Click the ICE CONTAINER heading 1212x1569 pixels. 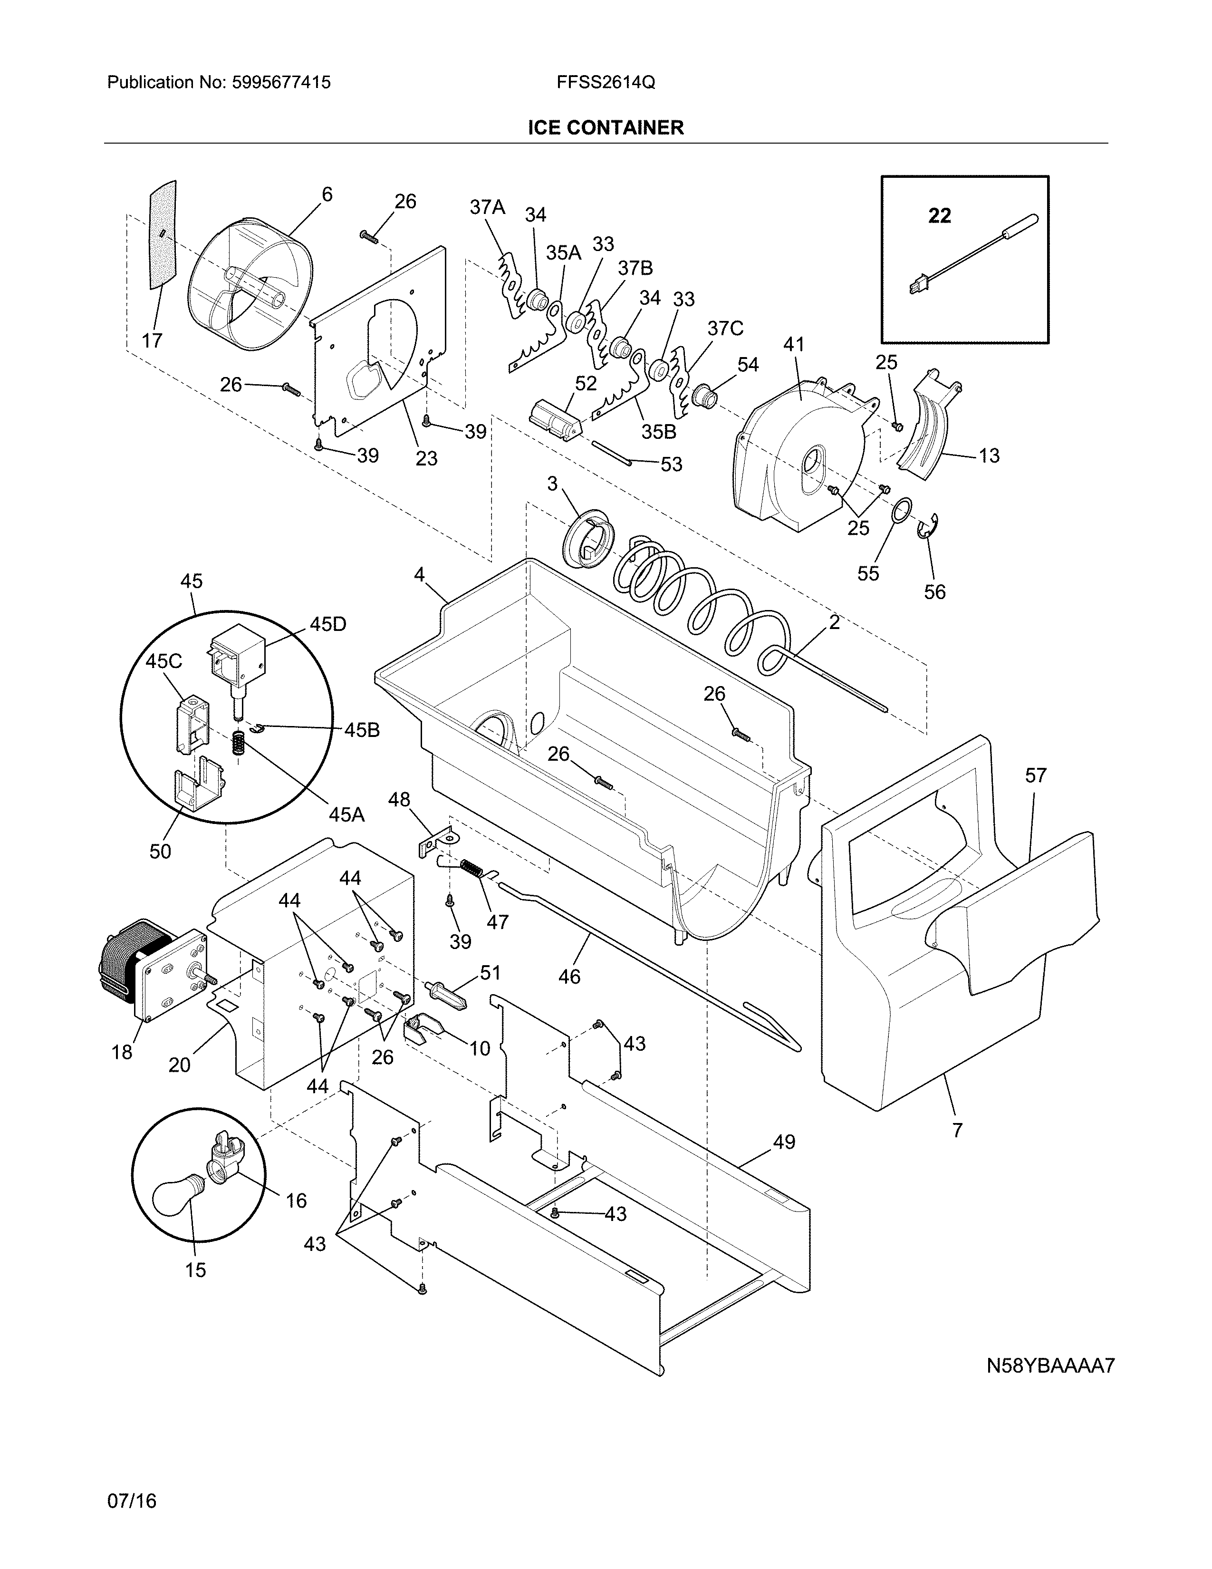click(605, 128)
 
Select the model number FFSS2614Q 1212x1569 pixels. click(605, 83)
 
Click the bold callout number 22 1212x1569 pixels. click(939, 215)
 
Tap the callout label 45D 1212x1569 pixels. click(327, 624)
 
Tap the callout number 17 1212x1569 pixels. click(152, 340)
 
